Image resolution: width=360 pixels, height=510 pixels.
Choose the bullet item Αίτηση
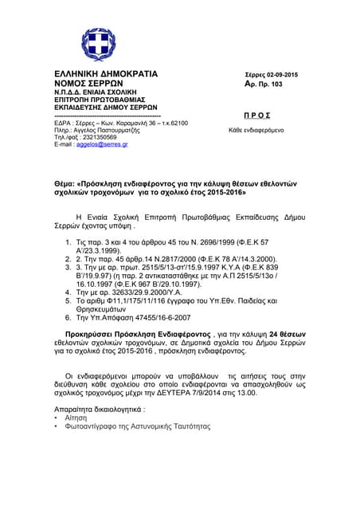point(76,417)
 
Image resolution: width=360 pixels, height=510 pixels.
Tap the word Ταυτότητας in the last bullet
point(190,426)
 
